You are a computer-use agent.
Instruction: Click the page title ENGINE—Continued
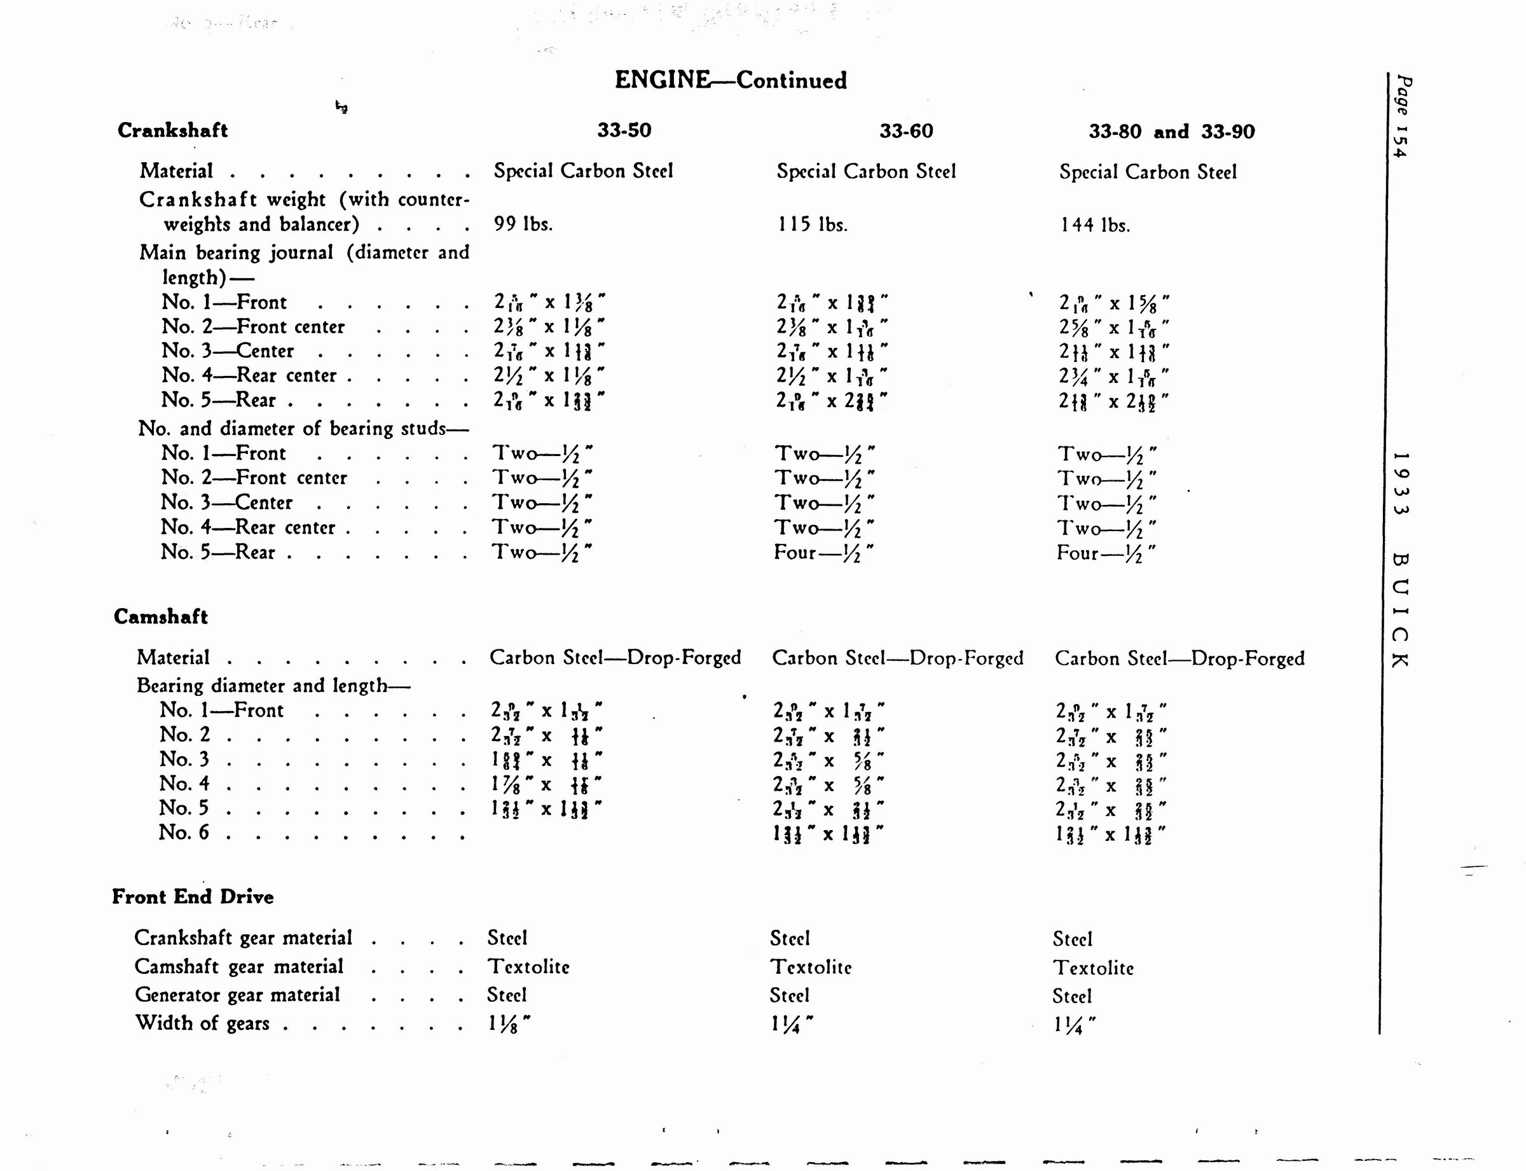point(730,80)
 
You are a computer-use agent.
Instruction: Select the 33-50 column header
point(624,130)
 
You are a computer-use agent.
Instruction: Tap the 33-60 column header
point(906,131)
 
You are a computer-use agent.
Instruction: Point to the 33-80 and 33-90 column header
point(1171,132)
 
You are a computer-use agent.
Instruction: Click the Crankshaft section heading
point(172,130)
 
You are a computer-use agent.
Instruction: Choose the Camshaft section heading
point(160,617)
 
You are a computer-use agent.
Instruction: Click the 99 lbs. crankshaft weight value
point(523,224)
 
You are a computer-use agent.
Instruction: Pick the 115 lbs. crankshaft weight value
point(812,225)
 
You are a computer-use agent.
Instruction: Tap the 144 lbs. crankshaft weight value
point(1095,225)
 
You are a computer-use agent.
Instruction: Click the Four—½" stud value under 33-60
point(823,553)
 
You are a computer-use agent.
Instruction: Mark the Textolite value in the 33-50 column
point(528,967)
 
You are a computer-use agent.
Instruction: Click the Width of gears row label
point(202,1023)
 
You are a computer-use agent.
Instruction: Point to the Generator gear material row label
point(237,995)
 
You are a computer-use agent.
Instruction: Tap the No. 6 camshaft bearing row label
point(183,832)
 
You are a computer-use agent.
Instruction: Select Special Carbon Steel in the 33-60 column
point(866,172)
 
